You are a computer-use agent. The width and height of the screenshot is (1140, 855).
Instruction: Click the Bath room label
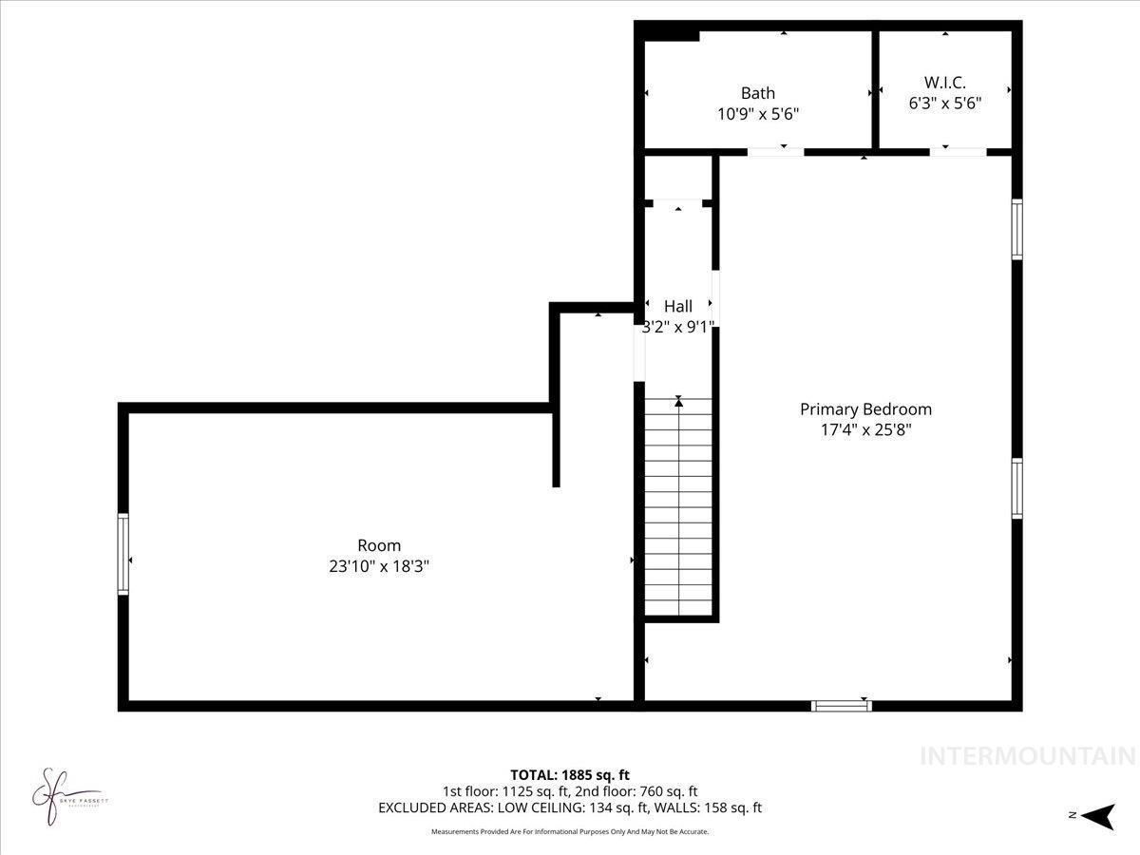tap(757, 93)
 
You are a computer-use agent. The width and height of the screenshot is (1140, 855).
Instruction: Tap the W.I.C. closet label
tap(944, 83)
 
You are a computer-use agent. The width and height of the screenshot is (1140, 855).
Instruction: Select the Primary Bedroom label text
tap(865, 409)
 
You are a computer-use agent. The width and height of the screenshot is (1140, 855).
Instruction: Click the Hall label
tap(678, 306)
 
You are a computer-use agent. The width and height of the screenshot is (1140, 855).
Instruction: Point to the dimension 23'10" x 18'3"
tap(379, 565)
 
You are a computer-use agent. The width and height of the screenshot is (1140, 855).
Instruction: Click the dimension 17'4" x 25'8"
tap(865, 429)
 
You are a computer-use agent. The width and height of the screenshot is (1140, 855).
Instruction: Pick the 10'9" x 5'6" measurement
tap(757, 113)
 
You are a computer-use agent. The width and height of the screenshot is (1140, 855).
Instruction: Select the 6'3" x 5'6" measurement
tap(944, 103)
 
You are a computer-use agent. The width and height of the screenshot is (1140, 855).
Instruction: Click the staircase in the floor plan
tap(678, 508)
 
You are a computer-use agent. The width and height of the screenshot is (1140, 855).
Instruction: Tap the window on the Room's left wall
tap(123, 554)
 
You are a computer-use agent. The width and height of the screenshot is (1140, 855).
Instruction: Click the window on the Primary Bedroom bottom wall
tap(841, 705)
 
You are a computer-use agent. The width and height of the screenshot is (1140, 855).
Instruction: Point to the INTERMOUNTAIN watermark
tap(1028, 756)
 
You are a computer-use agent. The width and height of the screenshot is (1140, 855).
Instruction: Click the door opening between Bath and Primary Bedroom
tap(775, 151)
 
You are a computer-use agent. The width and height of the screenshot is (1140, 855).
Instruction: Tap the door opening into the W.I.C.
tap(958, 151)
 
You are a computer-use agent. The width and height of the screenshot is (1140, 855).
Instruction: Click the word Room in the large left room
tap(379, 545)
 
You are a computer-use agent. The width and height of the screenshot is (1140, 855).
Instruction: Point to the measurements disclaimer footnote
tap(570, 832)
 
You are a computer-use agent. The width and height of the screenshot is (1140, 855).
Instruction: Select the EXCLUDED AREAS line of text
tap(570, 808)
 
